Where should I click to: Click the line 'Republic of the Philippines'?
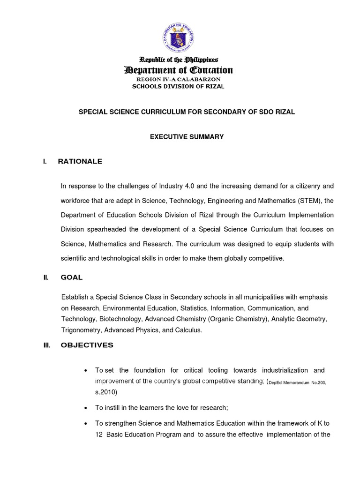tap(178, 60)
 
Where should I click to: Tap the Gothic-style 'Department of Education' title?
tap(178, 70)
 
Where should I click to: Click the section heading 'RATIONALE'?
tap(80, 162)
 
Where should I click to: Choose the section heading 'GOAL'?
tap(71, 277)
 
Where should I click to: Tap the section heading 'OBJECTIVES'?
tap(87, 345)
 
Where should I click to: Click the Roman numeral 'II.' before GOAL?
tap(45, 277)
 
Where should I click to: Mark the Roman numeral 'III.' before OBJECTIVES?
tap(46, 345)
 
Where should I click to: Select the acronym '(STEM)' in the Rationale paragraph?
tap(309, 201)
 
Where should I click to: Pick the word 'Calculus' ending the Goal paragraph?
tap(188, 330)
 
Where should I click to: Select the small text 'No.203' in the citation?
tap(317, 382)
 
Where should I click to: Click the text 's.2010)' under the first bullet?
tap(106, 392)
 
